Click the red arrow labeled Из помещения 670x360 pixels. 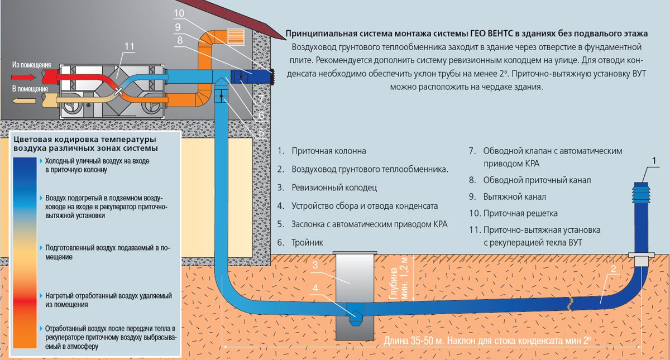pos(23,78)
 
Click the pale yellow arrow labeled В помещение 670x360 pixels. pos(23,101)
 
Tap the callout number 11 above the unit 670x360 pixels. pos(129,46)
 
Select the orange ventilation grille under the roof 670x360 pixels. pos(236,37)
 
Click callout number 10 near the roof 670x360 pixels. pos(179,13)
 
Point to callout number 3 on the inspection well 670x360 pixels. pos(315,265)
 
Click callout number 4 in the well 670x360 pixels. pos(315,288)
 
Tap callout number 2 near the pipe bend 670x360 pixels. pos(613,269)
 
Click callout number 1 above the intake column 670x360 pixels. pos(654,161)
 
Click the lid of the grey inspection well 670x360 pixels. pos(355,253)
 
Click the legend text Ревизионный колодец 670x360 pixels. pos(334,188)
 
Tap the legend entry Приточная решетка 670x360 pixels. pos(520,213)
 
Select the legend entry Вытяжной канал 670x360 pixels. pos(514,196)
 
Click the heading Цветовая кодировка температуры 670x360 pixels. pos(85,140)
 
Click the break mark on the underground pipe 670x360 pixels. pos(571,304)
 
